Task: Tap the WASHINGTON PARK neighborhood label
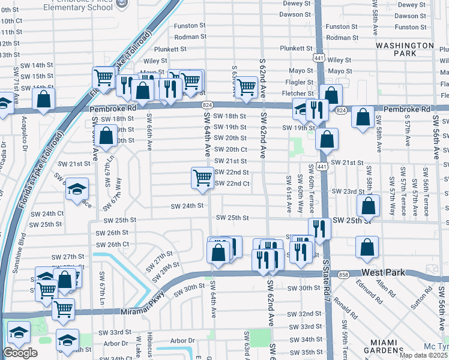point(405,49)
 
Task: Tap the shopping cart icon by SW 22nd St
point(203,178)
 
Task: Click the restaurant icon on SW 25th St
point(319,228)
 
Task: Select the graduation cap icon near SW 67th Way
point(77,189)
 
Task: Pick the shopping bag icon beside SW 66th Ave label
point(106,136)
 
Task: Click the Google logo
point(20,352)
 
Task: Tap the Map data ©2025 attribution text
point(423,355)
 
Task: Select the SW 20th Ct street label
point(231,149)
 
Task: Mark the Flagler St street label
point(300,82)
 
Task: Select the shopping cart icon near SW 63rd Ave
point(246,86)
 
